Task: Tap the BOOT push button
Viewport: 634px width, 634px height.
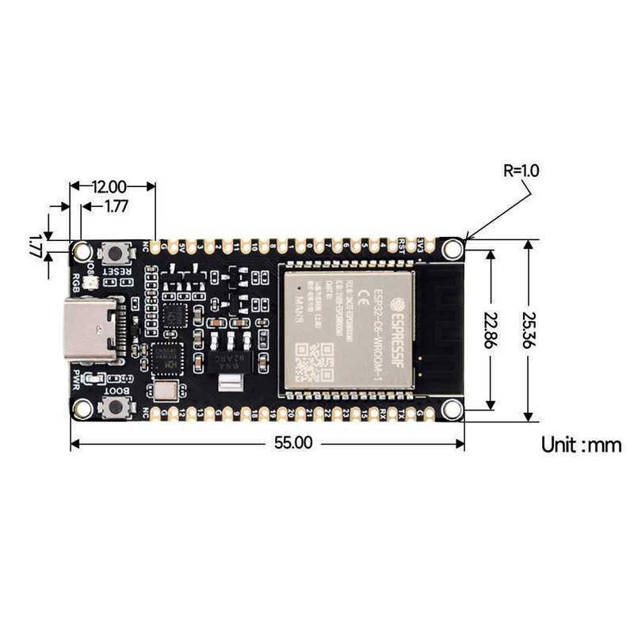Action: (118, 407)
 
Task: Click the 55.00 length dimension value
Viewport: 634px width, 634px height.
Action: (292, 443)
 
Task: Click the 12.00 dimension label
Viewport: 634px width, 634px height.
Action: (109, 187)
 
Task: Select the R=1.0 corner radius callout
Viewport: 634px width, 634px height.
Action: (521, 170)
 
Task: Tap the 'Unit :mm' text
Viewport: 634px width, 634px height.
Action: (581, 445)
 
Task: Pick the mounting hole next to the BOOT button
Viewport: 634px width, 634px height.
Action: (81, 409)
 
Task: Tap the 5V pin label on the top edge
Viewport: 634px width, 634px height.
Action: (184, 246)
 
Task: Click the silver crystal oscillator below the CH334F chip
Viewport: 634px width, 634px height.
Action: (166, 391)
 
